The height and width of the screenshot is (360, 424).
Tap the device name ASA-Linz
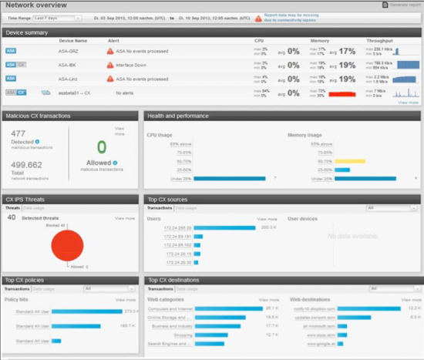71,78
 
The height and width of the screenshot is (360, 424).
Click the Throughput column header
379,40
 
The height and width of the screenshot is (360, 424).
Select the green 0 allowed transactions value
101,147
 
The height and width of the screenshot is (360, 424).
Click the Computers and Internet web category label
170,308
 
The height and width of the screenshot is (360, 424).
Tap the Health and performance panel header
180,116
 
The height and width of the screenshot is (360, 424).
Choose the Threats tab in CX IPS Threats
13,208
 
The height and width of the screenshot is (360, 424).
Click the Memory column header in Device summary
320,40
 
